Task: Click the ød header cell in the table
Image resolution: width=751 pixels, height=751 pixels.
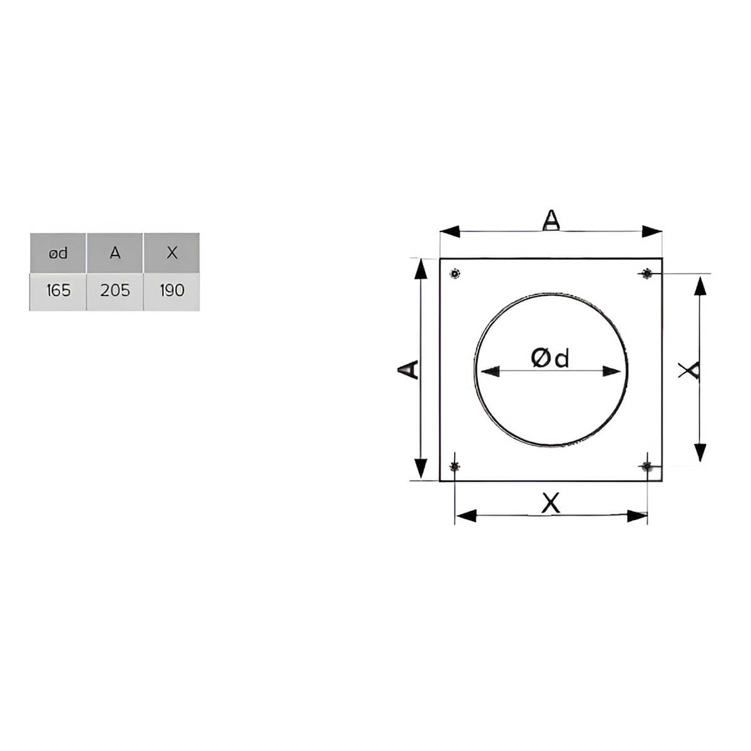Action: [58, 253]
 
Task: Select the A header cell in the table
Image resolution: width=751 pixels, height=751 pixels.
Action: [115, 253]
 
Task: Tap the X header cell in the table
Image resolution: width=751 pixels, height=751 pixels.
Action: [172, 253]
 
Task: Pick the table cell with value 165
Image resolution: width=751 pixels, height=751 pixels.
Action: [58, 292]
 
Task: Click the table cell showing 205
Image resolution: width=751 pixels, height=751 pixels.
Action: [115, 292]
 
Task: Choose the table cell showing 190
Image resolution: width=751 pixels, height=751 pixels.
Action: [172, 292]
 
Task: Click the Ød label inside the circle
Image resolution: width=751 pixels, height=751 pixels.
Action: [550, 358]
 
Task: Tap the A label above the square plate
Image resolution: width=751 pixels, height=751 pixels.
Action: [551, 220]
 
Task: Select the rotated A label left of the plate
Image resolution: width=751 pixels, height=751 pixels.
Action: [407, 369]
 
